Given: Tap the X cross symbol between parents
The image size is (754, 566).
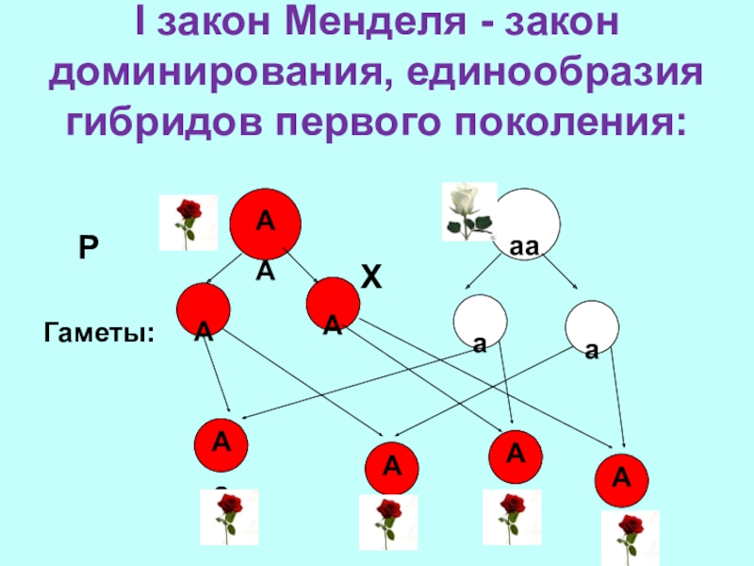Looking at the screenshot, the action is pos(372,277).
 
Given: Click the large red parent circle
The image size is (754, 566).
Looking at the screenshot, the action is pos(265,223).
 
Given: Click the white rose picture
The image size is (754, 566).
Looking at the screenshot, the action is pos(468,210).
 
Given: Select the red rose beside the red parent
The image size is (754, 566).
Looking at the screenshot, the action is pos(188,223).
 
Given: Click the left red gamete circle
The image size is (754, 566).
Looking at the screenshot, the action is pos(203,309).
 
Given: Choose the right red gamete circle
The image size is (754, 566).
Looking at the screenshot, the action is pos(333,305).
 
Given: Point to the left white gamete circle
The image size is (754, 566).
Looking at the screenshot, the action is pos(480,324).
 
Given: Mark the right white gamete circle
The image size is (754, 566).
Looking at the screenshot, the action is pos(592,326).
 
